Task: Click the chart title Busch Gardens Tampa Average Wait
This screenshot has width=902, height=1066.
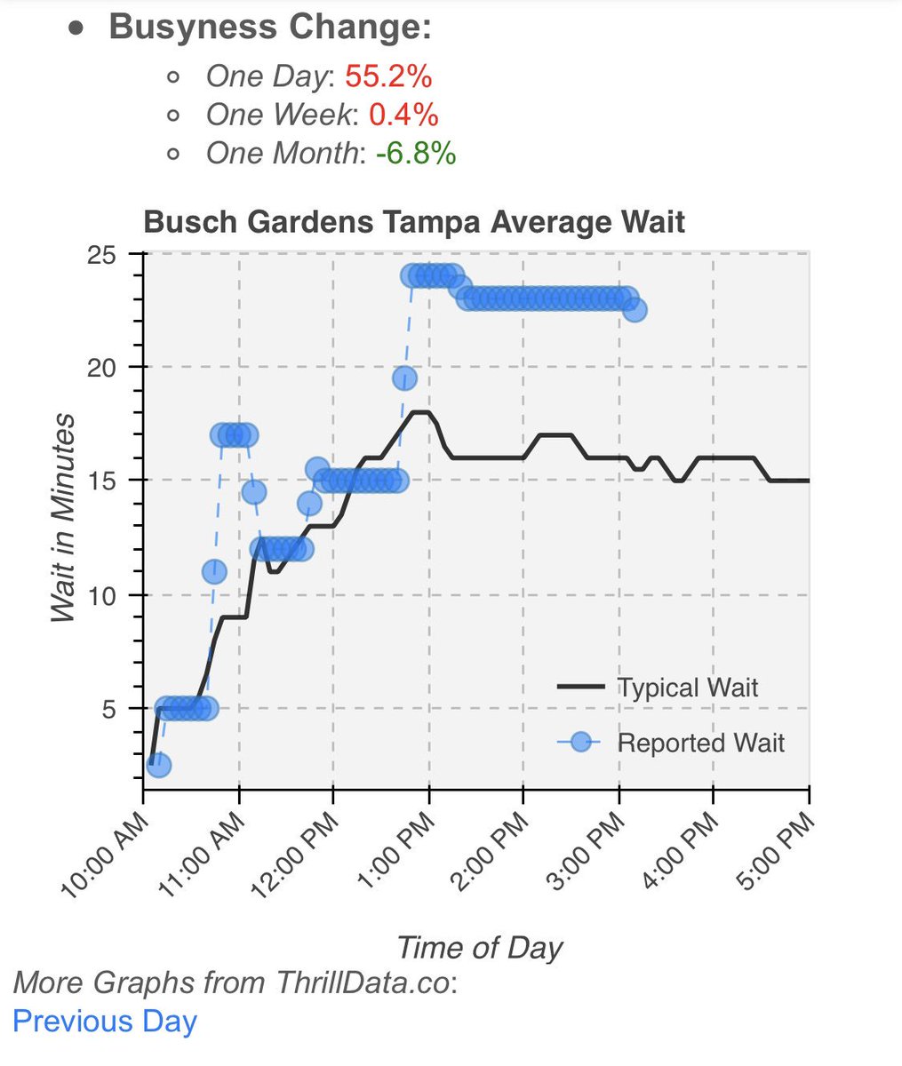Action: (x=414, y=221)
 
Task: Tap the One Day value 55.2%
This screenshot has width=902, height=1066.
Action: (x=388, y=76)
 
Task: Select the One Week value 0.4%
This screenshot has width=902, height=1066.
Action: (x=403, y=115)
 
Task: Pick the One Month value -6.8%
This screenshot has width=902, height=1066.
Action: (x=416, y=153)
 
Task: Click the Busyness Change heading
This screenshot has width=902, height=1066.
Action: (x=269, y=27)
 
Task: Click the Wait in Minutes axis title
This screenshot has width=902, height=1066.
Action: (x=62, y=518)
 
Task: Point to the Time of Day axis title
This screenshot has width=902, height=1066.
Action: (x=479, y=947)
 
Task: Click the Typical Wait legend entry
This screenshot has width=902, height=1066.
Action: (x=687, y=688)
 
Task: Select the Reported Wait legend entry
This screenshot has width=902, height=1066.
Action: (x=700, y=743)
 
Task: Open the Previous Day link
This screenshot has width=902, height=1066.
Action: (x=105, y=1022)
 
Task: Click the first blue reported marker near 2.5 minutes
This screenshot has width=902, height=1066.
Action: (x=158, y=765)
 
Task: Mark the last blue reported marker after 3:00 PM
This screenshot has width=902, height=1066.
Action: (x=635, y=310)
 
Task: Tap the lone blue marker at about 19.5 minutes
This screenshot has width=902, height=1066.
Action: (x=404, y=378)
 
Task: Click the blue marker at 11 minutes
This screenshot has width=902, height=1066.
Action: (x=214, y=572)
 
